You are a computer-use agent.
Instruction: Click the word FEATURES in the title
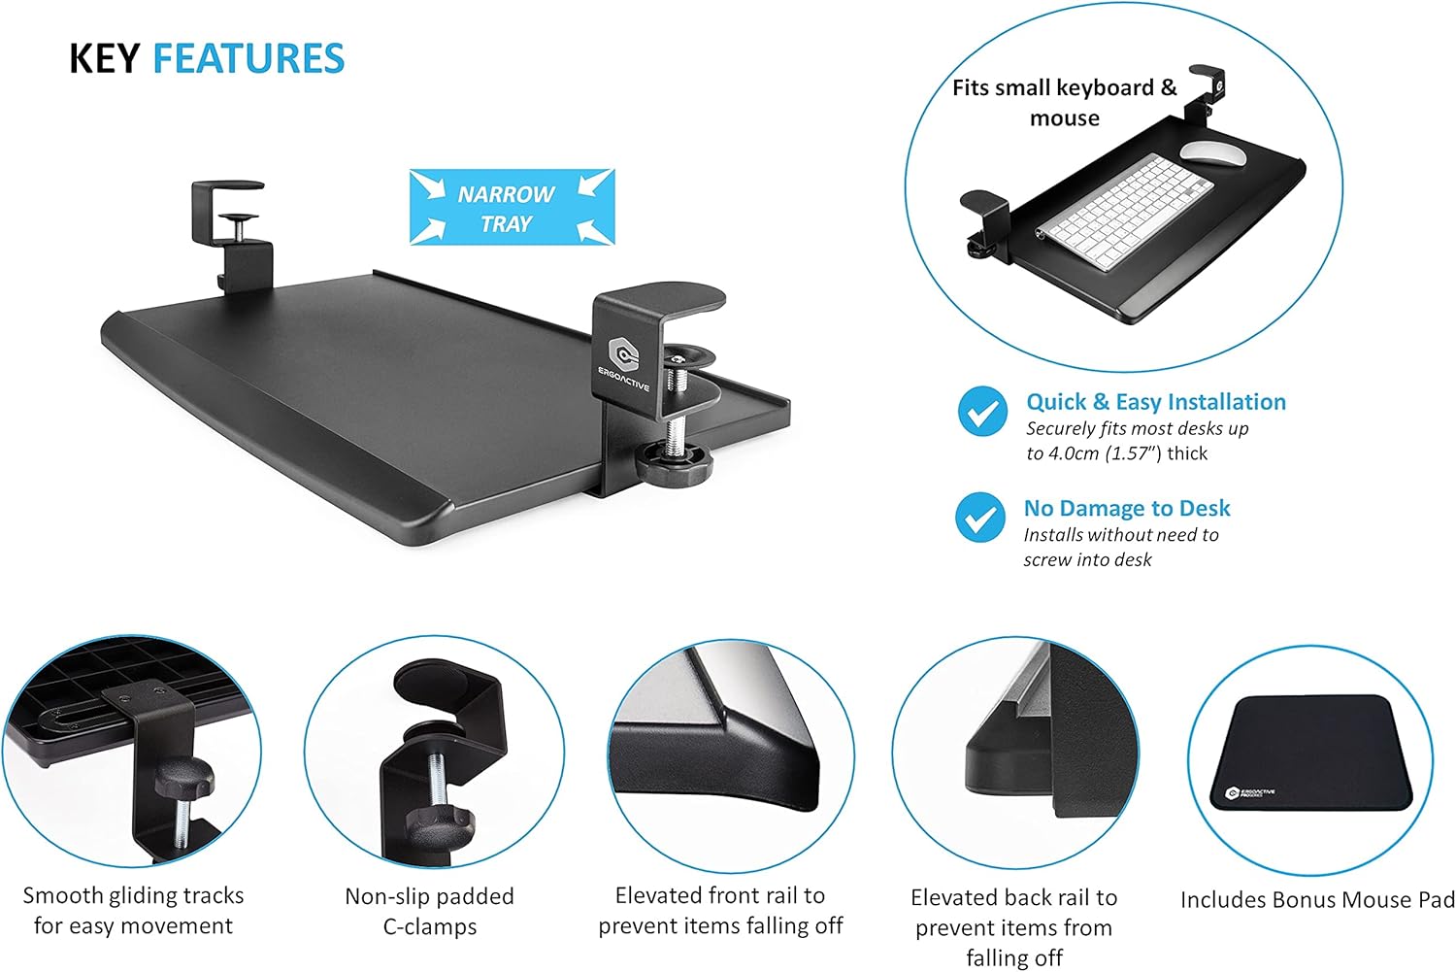(248, 59)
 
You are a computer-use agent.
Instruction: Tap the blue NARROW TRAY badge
(512, 207)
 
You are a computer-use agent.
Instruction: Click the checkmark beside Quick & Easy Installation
(982, 412)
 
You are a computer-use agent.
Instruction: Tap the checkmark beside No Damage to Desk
(979, 518)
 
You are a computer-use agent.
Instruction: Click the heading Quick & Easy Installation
(1155, 402)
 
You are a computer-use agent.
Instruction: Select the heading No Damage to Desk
(1126, 508)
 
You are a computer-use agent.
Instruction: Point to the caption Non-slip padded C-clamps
(429, 910)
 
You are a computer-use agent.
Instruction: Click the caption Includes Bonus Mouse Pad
(1316, 900)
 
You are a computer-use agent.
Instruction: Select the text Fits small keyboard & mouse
(1064, 102)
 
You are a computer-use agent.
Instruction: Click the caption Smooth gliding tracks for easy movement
(133, 910)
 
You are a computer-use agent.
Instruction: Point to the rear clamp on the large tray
(231, 228)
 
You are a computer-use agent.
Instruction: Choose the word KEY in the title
(105, 59)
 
